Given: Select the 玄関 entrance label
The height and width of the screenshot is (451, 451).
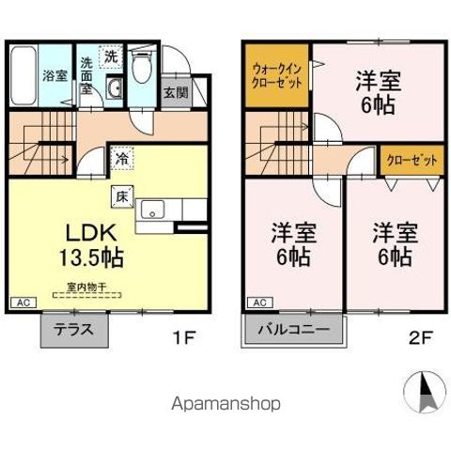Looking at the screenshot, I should click(175, 92).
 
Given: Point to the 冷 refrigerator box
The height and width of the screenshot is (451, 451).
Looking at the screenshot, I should click(122, 159).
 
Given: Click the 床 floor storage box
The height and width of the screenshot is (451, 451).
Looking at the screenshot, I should click(122, 196).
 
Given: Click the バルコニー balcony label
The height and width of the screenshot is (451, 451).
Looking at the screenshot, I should click(293, 331).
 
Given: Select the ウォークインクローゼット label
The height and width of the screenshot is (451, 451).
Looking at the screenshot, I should click(277, 76).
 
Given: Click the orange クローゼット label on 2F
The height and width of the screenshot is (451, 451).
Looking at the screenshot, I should click(412, 161).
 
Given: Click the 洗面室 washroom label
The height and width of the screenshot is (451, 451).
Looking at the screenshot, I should click(86, 76).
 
